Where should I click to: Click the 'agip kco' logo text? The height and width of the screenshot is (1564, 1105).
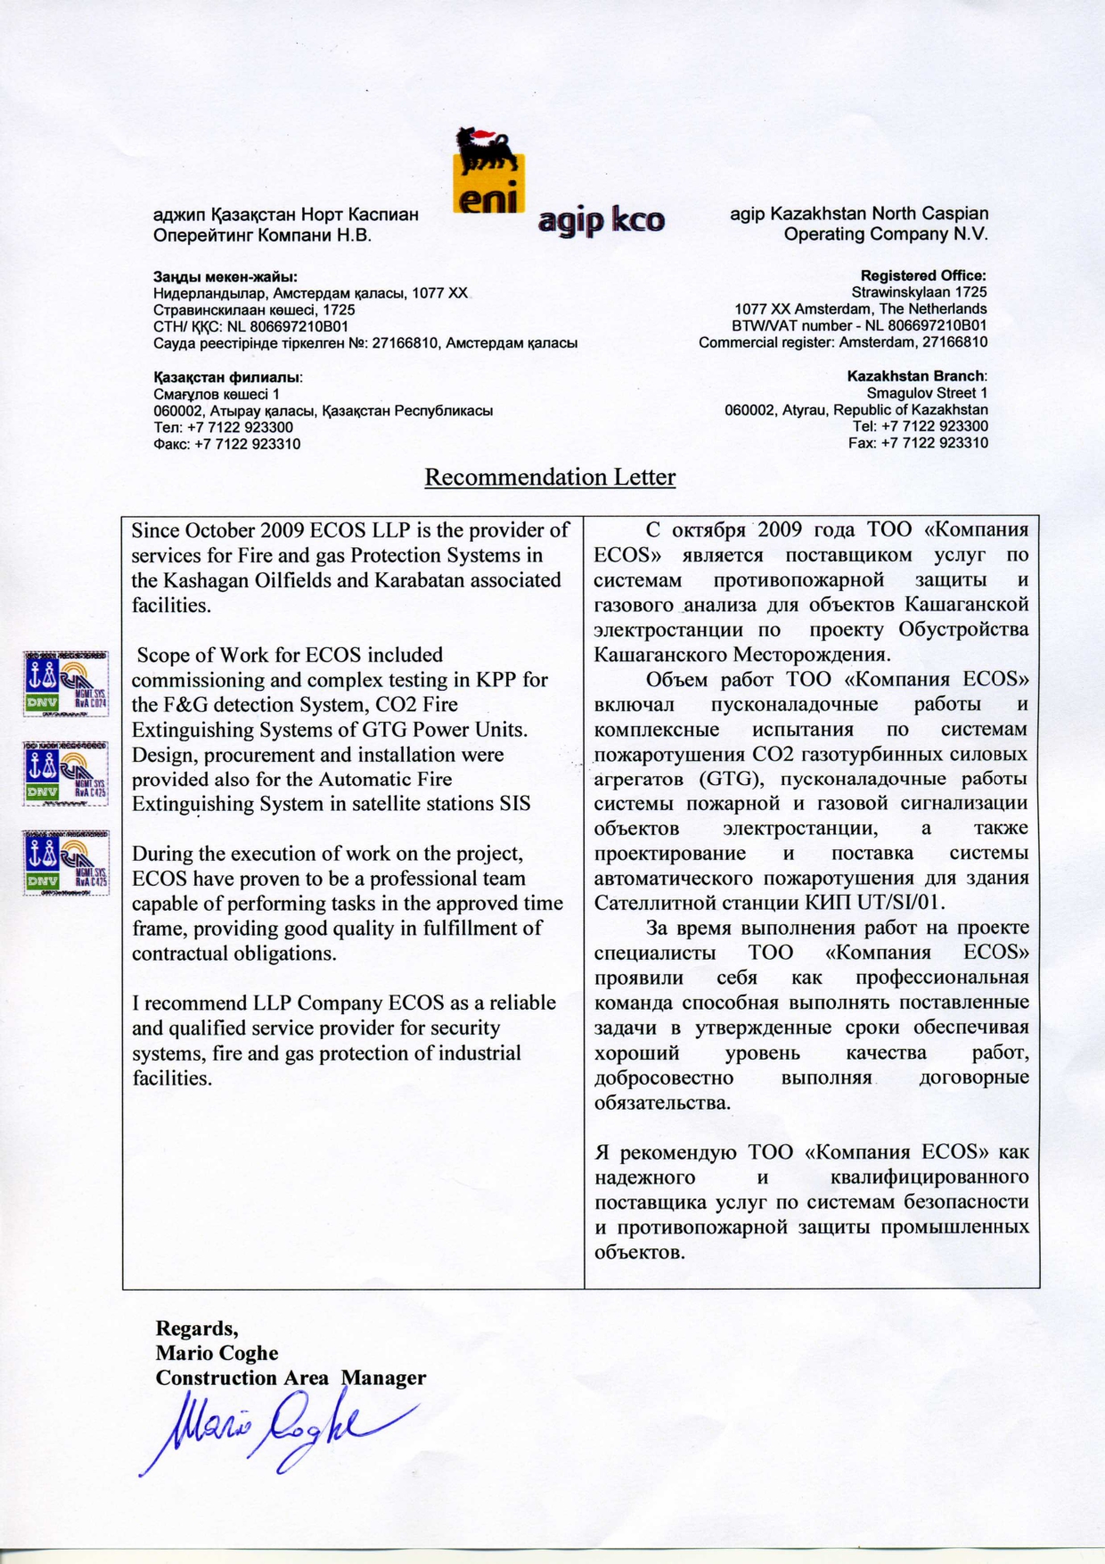click(602, 220)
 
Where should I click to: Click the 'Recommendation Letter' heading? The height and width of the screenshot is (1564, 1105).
click(550, 478)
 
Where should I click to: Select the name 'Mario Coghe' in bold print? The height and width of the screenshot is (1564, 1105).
click(217, 1353)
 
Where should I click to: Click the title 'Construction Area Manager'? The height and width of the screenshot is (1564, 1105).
click(291, 1378)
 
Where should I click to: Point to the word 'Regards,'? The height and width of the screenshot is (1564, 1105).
click(197, 1329)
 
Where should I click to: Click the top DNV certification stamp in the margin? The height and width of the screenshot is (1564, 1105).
click(66, 684)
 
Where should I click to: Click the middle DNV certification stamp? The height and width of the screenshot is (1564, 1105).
click(66, 774)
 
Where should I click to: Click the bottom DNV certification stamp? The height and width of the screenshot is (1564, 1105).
click(66, 863)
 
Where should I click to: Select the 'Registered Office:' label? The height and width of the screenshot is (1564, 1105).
click(923, 275)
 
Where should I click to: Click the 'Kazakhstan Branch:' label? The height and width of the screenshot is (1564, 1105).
click(917, 376)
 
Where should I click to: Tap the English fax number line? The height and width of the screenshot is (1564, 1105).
click(918, 443)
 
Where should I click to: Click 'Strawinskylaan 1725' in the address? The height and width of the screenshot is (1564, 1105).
click(919, 292)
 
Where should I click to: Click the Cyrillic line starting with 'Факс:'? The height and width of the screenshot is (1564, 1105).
click(226, 444)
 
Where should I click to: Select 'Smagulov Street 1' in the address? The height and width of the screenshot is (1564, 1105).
click(927, 393)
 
